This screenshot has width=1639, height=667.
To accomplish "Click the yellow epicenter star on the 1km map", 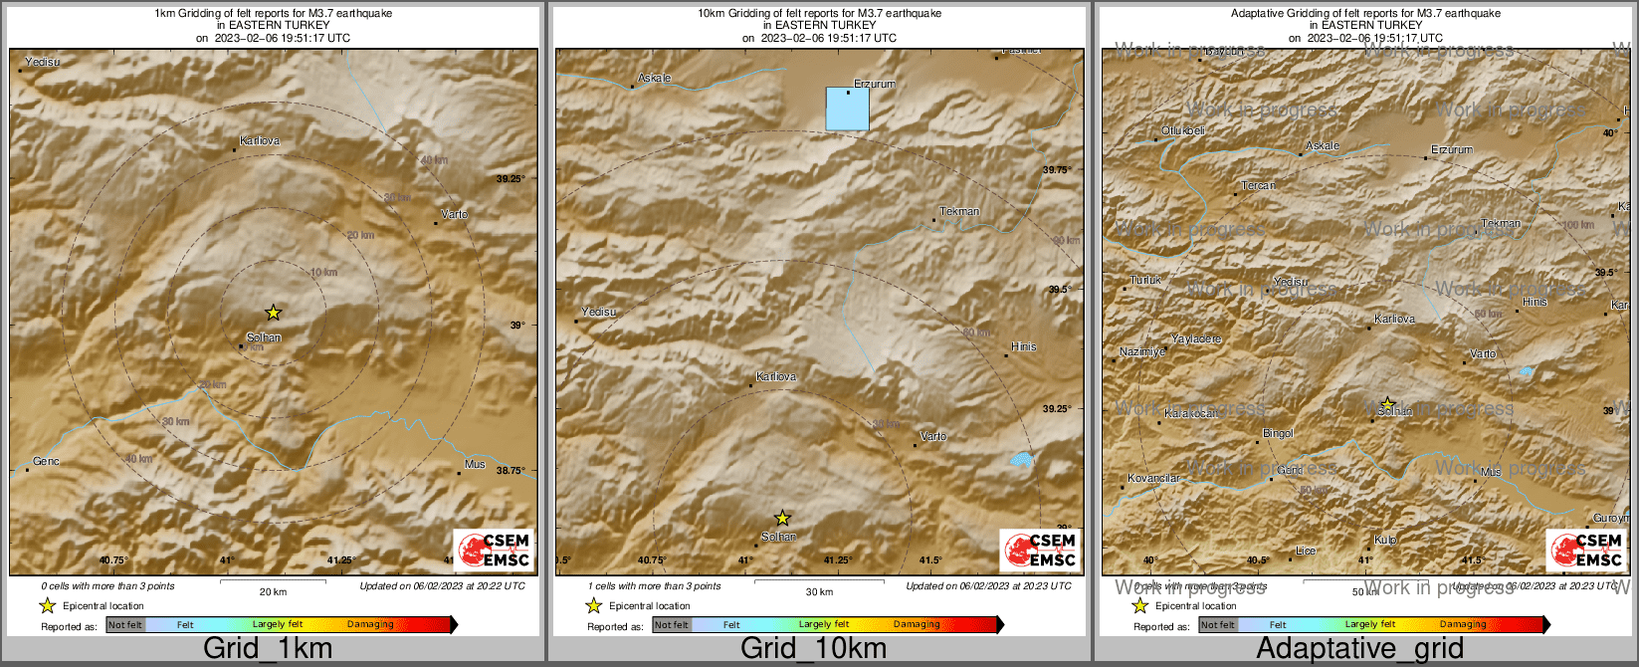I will coord(274,313).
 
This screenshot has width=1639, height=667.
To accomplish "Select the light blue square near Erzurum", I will coord(848,109).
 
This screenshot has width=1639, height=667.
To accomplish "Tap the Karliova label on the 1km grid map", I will coord(261,141).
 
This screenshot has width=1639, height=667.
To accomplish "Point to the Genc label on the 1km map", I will coord(47,462).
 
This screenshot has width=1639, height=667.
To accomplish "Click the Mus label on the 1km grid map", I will coord(475,465).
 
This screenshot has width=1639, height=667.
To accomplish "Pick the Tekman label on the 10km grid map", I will coord(959,211).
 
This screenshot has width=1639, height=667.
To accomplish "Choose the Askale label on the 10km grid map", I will coord(654,78).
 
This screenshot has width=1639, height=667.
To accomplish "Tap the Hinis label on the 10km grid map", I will coord(1023,346).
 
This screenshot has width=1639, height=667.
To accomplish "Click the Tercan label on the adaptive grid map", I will coord(1258,186).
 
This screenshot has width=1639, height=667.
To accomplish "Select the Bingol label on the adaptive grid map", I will coord(1278,433).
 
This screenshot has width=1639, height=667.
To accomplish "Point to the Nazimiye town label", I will coord(1141,352).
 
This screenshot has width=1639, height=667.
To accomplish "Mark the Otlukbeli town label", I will coord(1183,131).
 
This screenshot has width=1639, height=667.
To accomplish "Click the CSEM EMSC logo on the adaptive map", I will coord(1585,551).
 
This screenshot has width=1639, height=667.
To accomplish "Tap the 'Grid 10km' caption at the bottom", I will coord(813,649).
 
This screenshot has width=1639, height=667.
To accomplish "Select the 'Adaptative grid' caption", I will coord(1359,649).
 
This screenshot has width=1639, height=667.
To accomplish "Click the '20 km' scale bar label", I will coord(273,591).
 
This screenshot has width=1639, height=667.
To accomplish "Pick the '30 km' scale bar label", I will coord(819,591).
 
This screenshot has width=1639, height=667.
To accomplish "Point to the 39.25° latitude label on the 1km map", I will coord(511,179).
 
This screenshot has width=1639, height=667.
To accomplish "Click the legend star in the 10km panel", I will coord(594,605).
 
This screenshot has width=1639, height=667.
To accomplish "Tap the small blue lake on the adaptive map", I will coord(1526,371).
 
